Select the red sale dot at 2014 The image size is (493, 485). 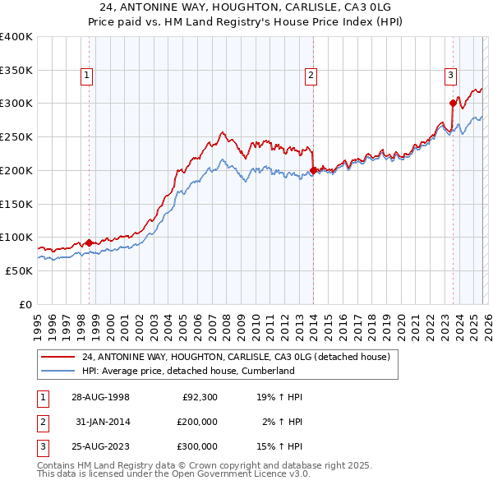coord(314,170)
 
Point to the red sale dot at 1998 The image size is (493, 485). coord(90,242)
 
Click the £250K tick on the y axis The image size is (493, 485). coord(16,136)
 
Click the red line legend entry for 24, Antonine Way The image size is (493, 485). coord(218,358)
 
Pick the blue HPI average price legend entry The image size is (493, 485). coord(187,371)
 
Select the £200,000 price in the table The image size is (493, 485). coord(197,422)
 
